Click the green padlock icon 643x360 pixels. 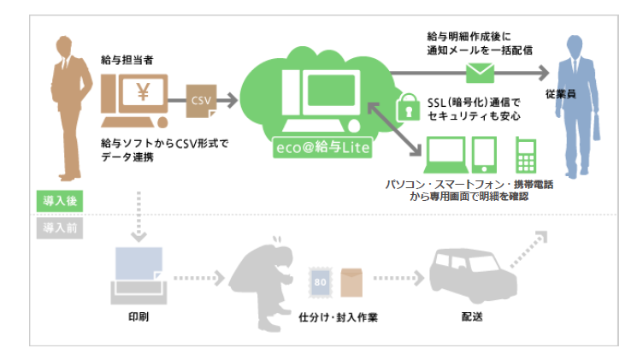[x=404, y=109]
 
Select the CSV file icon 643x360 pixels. [x=202, y=101]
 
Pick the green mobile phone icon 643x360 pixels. [x=525, y=156]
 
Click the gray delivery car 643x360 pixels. [x=466, y=274]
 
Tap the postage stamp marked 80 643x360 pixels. [x=321, y=278]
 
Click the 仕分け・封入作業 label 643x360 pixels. [x=338, y=317]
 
